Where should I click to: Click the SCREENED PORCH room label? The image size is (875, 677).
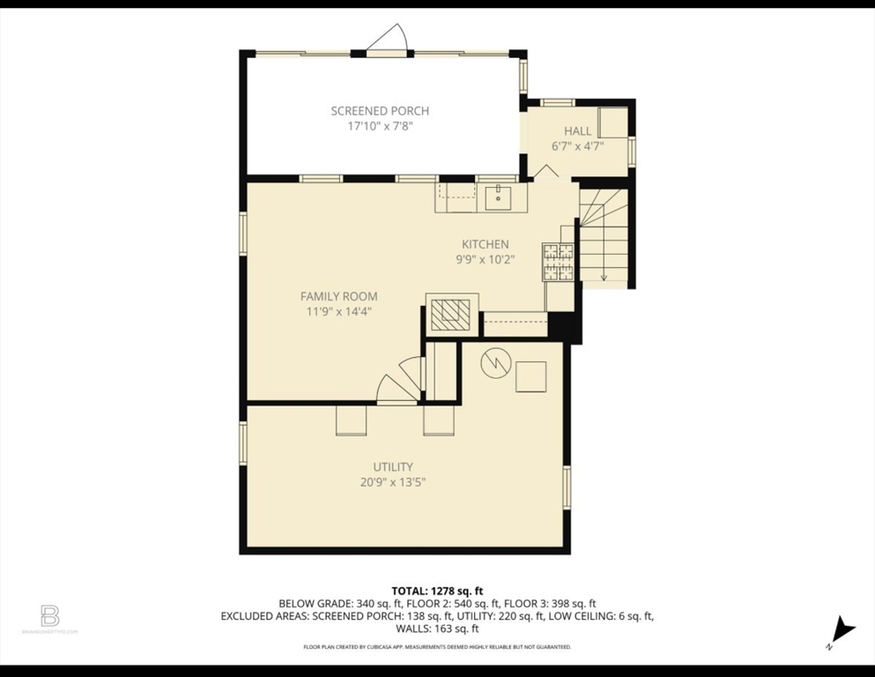(380, 110)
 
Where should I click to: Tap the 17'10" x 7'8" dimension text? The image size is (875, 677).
(380, 126)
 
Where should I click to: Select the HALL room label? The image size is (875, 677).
(577, 131)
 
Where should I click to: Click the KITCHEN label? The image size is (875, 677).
(485, 244)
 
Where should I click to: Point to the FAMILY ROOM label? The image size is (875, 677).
(338, 296)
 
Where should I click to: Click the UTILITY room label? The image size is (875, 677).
(392, 466)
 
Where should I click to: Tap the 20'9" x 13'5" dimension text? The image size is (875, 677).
(392, 482)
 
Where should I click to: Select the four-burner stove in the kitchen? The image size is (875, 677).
(557, 262)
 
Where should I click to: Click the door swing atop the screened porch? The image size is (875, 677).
(389, 40)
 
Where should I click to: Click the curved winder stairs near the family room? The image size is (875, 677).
(398, 383)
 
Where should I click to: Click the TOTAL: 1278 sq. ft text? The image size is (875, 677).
(437, 591)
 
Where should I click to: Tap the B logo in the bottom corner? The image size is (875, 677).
(49, 615)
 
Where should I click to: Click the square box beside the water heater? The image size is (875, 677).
(531, 376)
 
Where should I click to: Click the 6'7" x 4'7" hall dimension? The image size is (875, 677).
(577, 146)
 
